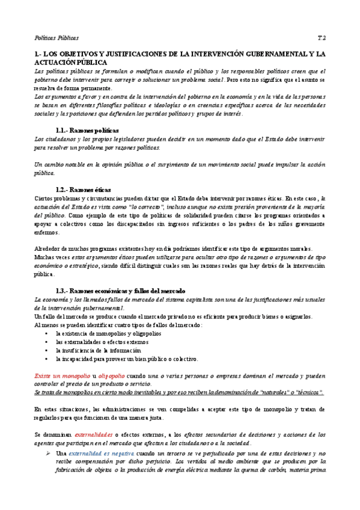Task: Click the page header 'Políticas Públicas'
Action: tap(56, 37)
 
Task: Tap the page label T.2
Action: tap(322, 37)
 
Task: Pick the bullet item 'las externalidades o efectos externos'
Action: tap(99, 342)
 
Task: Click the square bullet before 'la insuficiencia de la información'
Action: tap(46, 350)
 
